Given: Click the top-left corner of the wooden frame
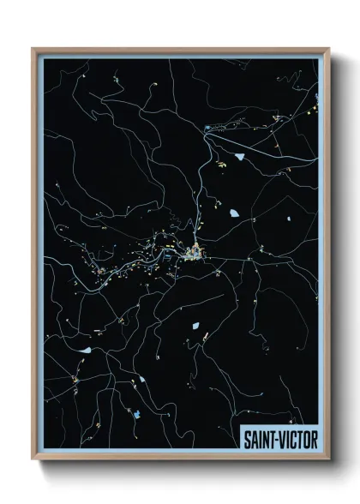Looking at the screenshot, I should tap(33, 49).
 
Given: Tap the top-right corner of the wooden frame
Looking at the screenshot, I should tap(328, 49).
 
